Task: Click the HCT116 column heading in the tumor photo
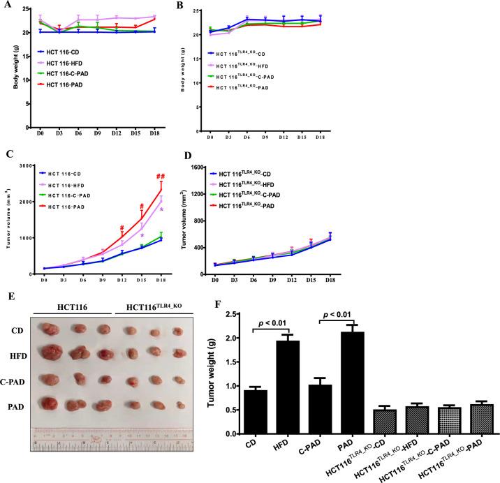click(72, 306)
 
